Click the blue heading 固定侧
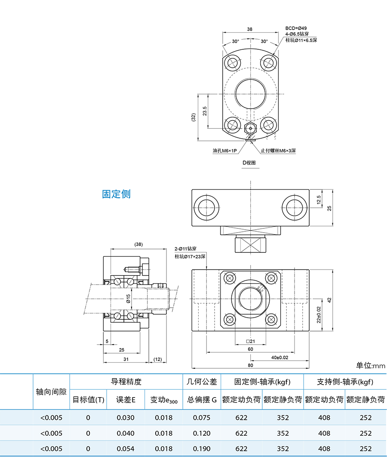click(x=116, y=194)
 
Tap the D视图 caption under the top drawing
click(x=249, y=163)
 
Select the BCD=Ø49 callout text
click(x=296, y=28)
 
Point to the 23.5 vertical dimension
click(x=205, y=111)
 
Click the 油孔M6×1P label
click(x=225, y=151)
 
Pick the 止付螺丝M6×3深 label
click(x=278, y=151)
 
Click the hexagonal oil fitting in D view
click(x=250, y=129)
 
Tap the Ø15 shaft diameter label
click(x=128, y=299)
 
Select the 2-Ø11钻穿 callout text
click(x=186, y=249)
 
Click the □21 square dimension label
click(x=250, y=341)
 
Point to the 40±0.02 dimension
click(x=279, y=358)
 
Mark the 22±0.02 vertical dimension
click(x=319, y=315)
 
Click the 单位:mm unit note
click(x=370, y=365)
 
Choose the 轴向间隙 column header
click(x=51, y=391)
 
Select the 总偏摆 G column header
click(x=202, y=400)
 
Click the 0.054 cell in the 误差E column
click(x=126, y=449)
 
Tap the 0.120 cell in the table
click(x=202, y=433)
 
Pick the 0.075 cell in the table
click(x=202, y=418)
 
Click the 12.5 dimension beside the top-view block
click(x=319, y=200)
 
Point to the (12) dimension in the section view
click(x=157, y=359)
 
